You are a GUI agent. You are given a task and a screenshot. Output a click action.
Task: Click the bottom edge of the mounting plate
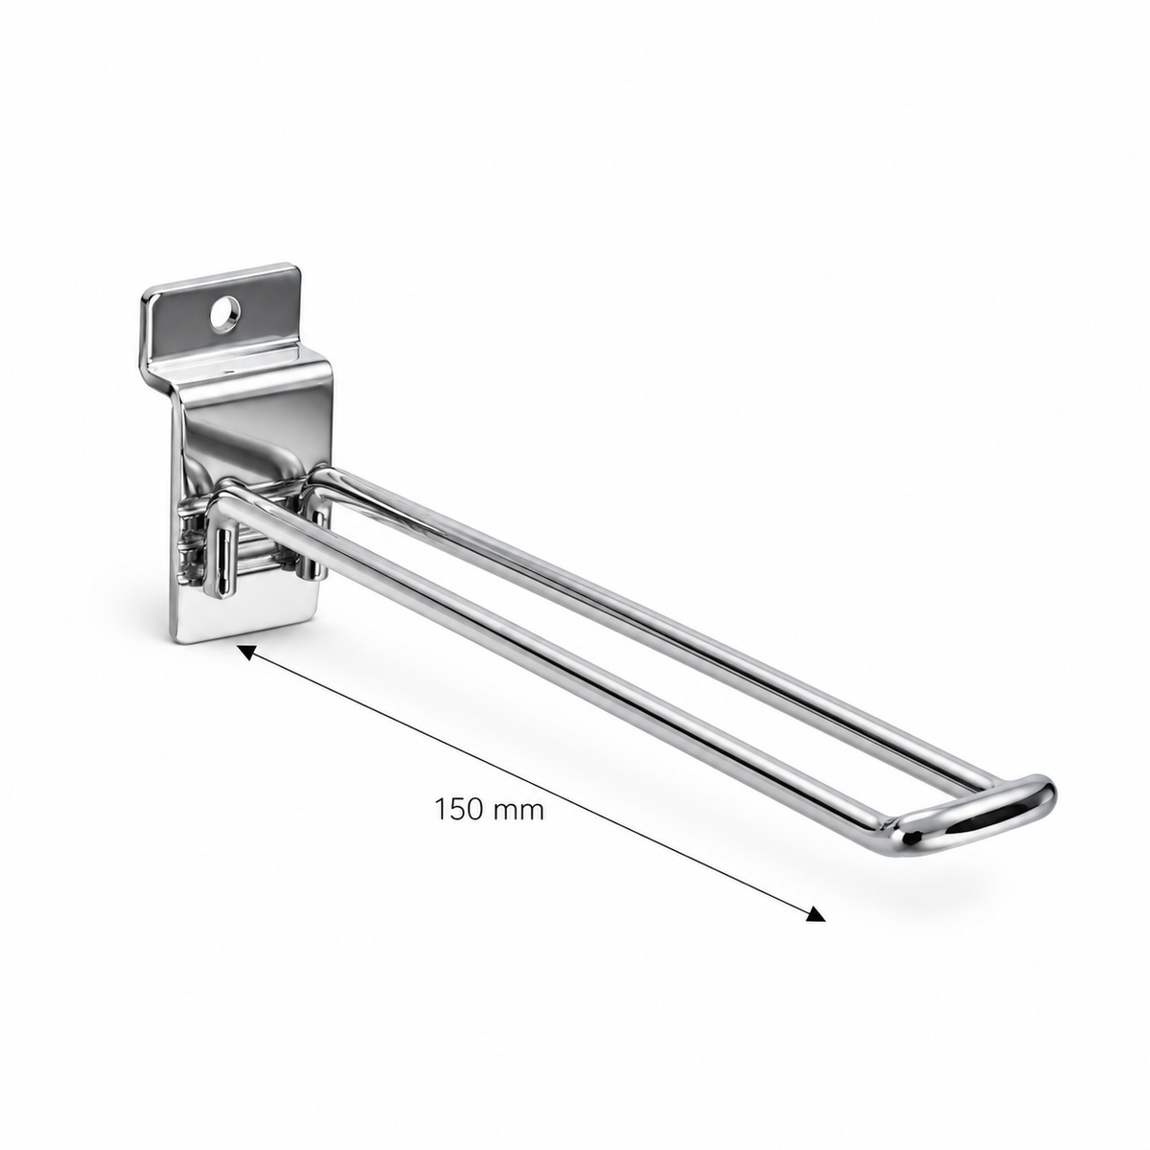(247, 637)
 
